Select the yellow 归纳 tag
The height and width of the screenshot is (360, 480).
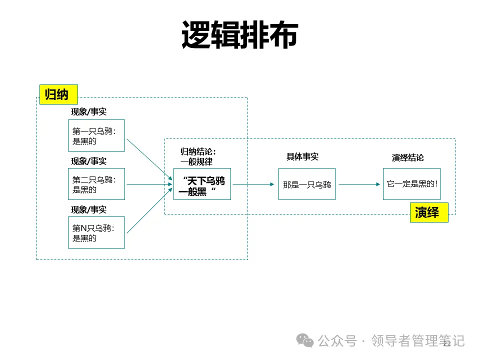[58, 94]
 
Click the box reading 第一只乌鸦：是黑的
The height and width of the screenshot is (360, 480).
[96, 135]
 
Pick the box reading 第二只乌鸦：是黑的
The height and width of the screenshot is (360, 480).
[96, 184]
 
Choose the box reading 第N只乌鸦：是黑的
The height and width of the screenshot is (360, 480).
[96, 232]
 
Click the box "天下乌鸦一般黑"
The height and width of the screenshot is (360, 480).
[202, 184]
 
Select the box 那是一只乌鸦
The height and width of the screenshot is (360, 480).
[307, 184]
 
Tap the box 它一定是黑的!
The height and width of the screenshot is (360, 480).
[411, 184]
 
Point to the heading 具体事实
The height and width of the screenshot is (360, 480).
[302, 156]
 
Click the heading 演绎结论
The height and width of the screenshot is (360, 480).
[407, 157]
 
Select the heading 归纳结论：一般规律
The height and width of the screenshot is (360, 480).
[198, 156]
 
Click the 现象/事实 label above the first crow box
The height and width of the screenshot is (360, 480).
[88, 111]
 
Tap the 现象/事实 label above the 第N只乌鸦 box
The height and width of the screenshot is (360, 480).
[88, 209]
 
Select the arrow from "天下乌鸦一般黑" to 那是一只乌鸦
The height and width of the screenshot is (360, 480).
[254, 184]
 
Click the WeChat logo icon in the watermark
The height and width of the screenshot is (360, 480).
[305, 340]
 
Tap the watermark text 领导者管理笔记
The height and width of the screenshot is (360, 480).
[418, 341]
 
